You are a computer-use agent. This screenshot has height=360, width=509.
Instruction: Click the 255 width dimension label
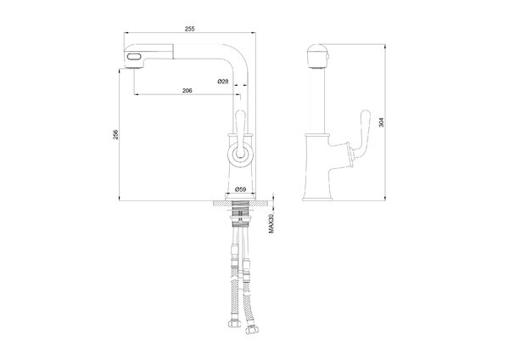pos(189,29)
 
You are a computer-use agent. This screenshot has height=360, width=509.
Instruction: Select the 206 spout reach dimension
pos(187,91)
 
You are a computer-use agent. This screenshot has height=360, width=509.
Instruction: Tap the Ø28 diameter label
pos(222,82)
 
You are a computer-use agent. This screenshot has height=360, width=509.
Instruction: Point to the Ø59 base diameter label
pos(240,188)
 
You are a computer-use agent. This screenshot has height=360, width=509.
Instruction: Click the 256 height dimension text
pos(116,134)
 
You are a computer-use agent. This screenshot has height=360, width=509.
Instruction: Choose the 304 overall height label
pos(381,122)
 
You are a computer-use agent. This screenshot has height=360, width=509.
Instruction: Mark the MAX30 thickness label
pos(271,223)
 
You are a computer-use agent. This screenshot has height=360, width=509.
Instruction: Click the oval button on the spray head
pos(134,57)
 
